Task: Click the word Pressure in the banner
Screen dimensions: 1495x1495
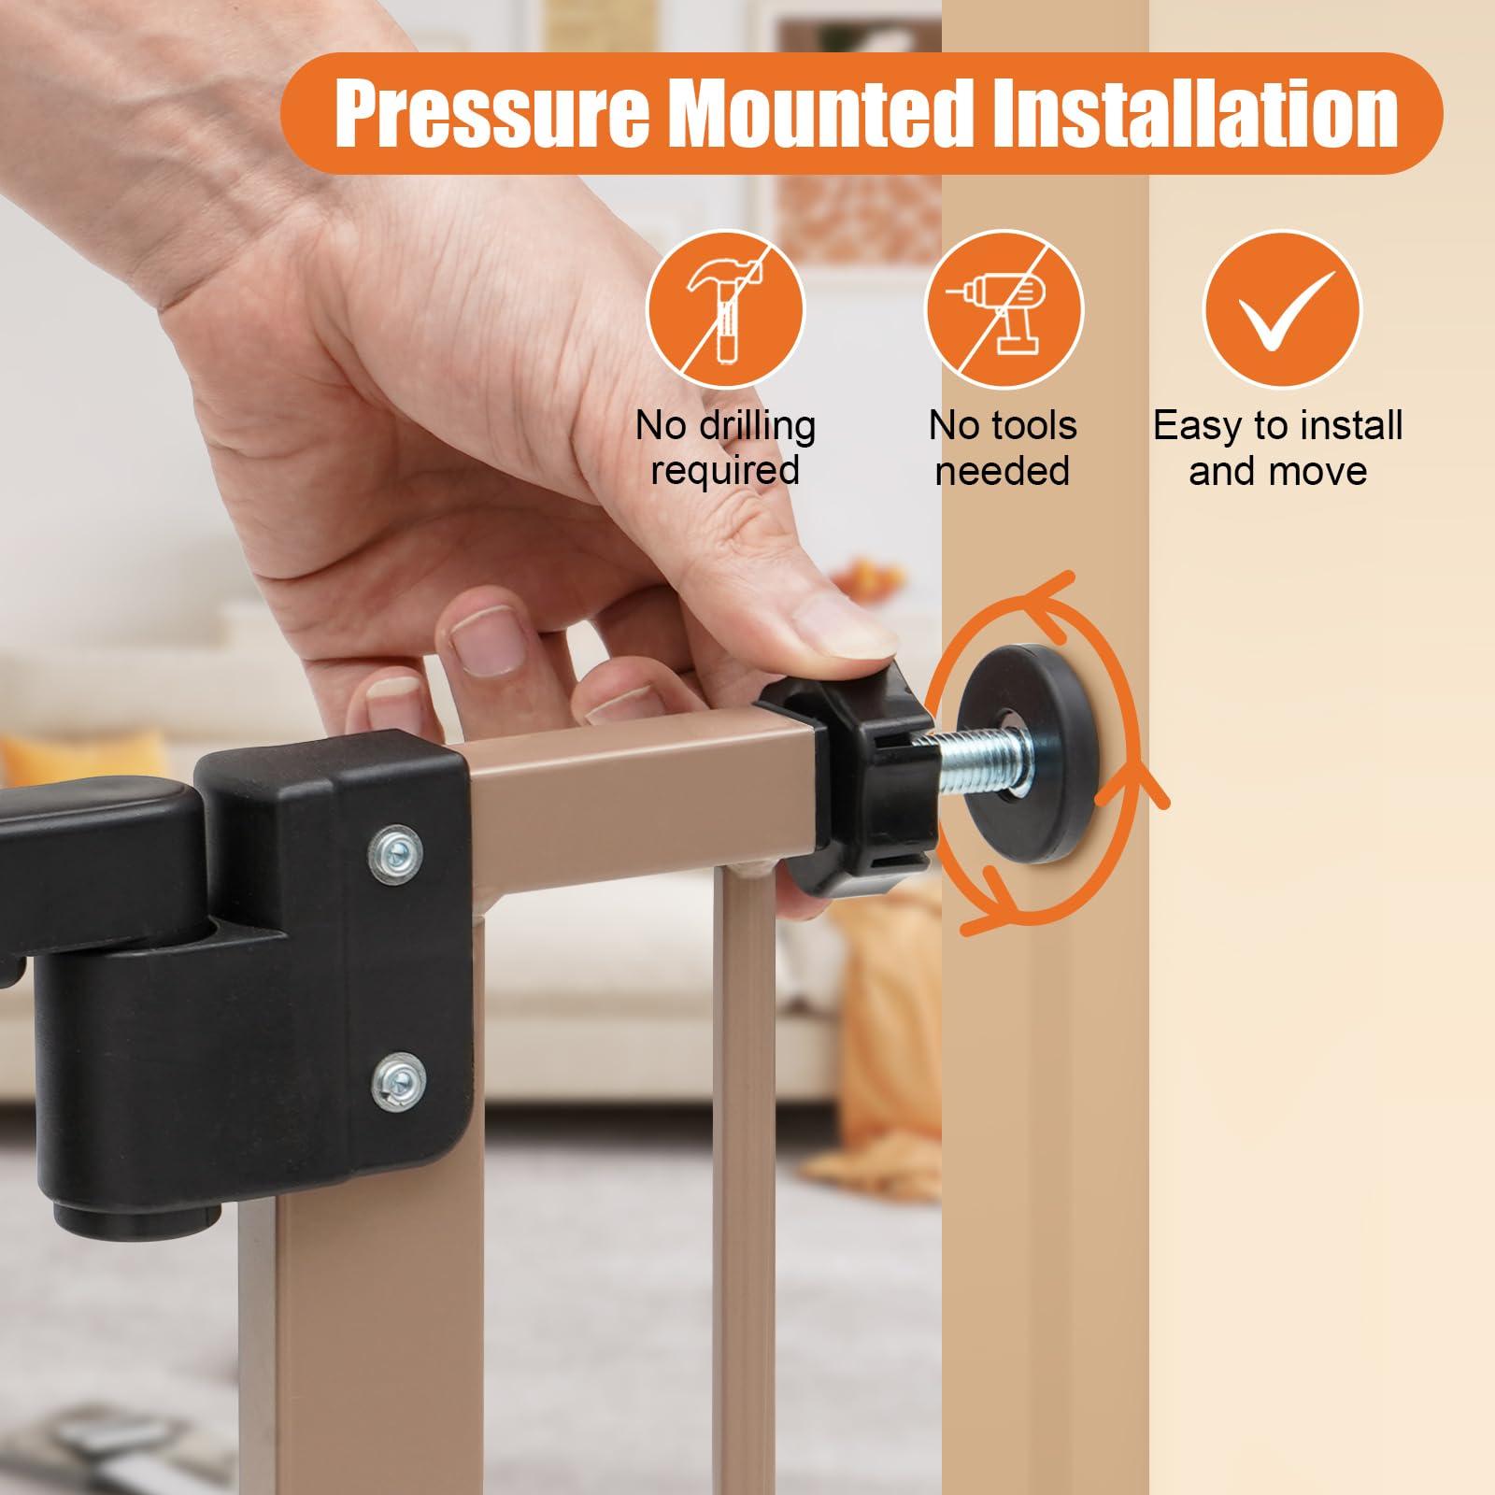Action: pos(491,114)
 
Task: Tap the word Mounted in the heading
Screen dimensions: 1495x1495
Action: pos(821,114)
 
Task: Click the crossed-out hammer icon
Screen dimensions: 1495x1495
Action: pos(725,311)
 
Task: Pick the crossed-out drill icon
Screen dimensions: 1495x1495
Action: pos(1004,311)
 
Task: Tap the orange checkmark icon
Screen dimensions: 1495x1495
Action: pos(1282,311)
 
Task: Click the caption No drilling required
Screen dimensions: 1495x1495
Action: pos(725,448)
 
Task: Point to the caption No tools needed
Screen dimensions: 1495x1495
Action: pos(1003,448)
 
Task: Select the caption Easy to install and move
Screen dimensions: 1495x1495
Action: pos(1278,448)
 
